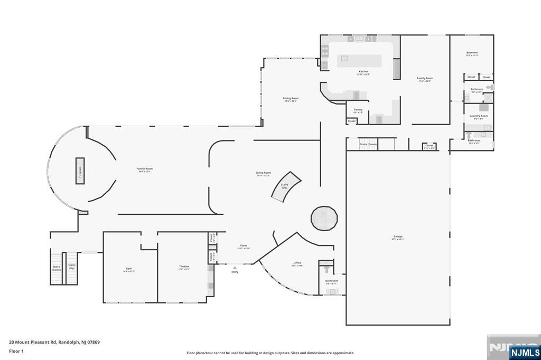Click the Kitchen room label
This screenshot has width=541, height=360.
tap(363, 71)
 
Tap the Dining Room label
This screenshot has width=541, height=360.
tap(291, 98)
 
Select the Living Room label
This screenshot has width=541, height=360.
tap(264, 173)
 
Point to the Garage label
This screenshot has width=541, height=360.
tap(398, 236)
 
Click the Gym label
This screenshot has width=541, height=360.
tap(129, 269)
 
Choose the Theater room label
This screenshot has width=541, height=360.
tap(184, 267)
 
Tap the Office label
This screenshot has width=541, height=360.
tap(297, 263)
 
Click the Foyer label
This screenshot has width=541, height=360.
tap(244, 245)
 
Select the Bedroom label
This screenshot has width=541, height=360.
tap(472, 52)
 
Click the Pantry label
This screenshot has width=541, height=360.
tap(358, 110)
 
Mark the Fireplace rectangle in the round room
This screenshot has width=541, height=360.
tap(80, 170)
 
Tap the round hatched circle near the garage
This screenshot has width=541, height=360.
tap(324, 218)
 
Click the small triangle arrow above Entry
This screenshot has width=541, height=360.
tap(235, 268)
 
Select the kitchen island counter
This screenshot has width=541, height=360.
tap(359, 61)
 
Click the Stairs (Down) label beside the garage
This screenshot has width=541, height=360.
tap(368, 144)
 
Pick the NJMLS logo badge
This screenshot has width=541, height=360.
tap(524, 352)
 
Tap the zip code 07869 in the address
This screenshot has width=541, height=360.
tap(92, 342)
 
